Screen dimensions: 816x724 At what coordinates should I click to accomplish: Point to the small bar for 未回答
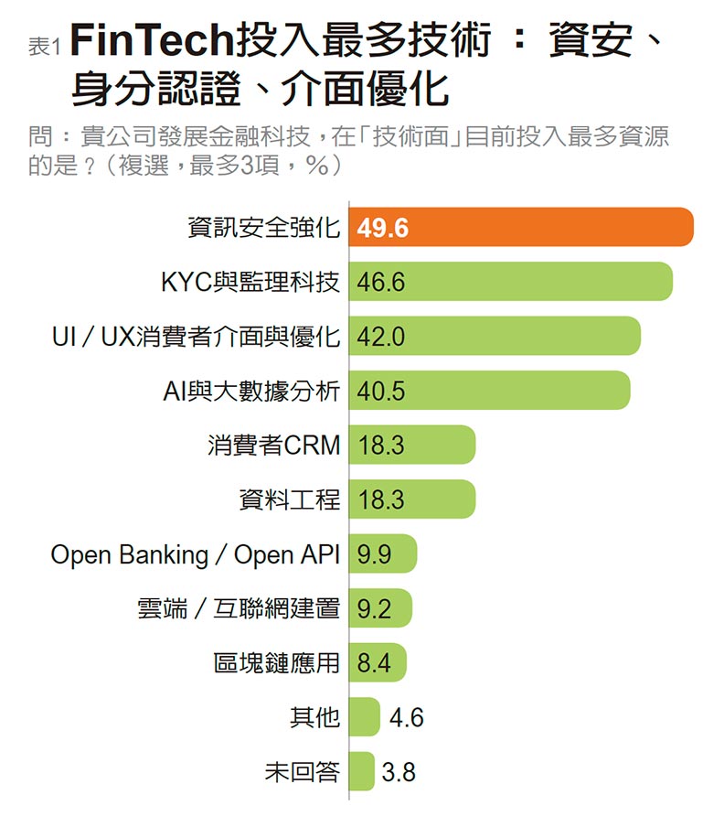click(x=361, y=772)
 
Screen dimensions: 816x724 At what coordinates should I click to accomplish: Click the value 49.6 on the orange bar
click(x=383, y=228)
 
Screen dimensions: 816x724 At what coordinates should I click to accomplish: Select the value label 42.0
click(x=381, y=337)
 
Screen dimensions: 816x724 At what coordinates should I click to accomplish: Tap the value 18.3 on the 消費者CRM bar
click(x=381, y=446)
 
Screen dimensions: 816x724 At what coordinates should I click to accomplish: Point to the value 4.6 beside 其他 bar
click(x=406, y=718)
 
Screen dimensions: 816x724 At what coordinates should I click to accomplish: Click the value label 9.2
click(x=375, y=609)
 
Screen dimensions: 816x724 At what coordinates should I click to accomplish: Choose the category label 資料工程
click(x=289, y=500)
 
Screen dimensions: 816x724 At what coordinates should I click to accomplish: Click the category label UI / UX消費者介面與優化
click(x=197, y=337)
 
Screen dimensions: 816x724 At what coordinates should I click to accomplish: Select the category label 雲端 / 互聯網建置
click(x=238, y=609)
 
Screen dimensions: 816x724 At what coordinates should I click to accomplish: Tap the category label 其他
click(x=314, y=718)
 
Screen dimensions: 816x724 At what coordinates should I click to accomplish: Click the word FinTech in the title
click(x=152, y=42)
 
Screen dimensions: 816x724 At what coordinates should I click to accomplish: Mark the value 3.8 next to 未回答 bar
click(x=399, y=772)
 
